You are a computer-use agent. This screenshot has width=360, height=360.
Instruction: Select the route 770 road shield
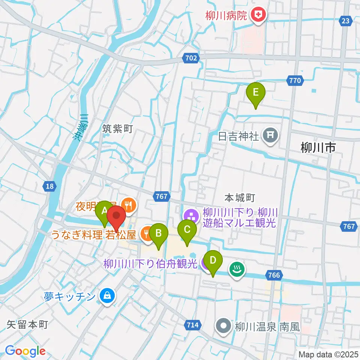coord(295,80)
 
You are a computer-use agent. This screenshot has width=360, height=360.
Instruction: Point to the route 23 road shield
coord(346,21)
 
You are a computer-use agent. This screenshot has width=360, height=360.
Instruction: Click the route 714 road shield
coord(193,324)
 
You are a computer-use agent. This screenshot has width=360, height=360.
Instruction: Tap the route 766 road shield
coord(274,276)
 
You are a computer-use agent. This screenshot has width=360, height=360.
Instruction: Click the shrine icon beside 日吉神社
coord(270,135)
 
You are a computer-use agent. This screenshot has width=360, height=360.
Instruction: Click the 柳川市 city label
coord(318,148)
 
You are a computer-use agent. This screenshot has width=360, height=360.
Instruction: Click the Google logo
coord(25,351)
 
